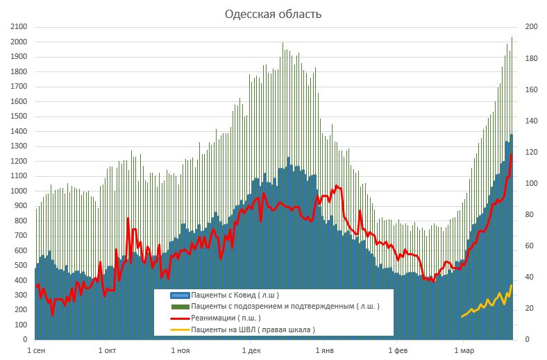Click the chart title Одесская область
pyautogui.click(x=273, y=14)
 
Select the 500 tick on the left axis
pyautogui.click(x=19, y=266)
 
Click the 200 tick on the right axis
pyautogui.click(x=531, y=27)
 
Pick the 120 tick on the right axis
pyautogui.click(x=531, y=152)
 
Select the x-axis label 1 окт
pyautogui.click(x=107, y=351)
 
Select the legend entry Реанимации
pyautogui.click(x=225, y=318)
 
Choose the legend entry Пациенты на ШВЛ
pyautogui.click(x=253, y=329)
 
